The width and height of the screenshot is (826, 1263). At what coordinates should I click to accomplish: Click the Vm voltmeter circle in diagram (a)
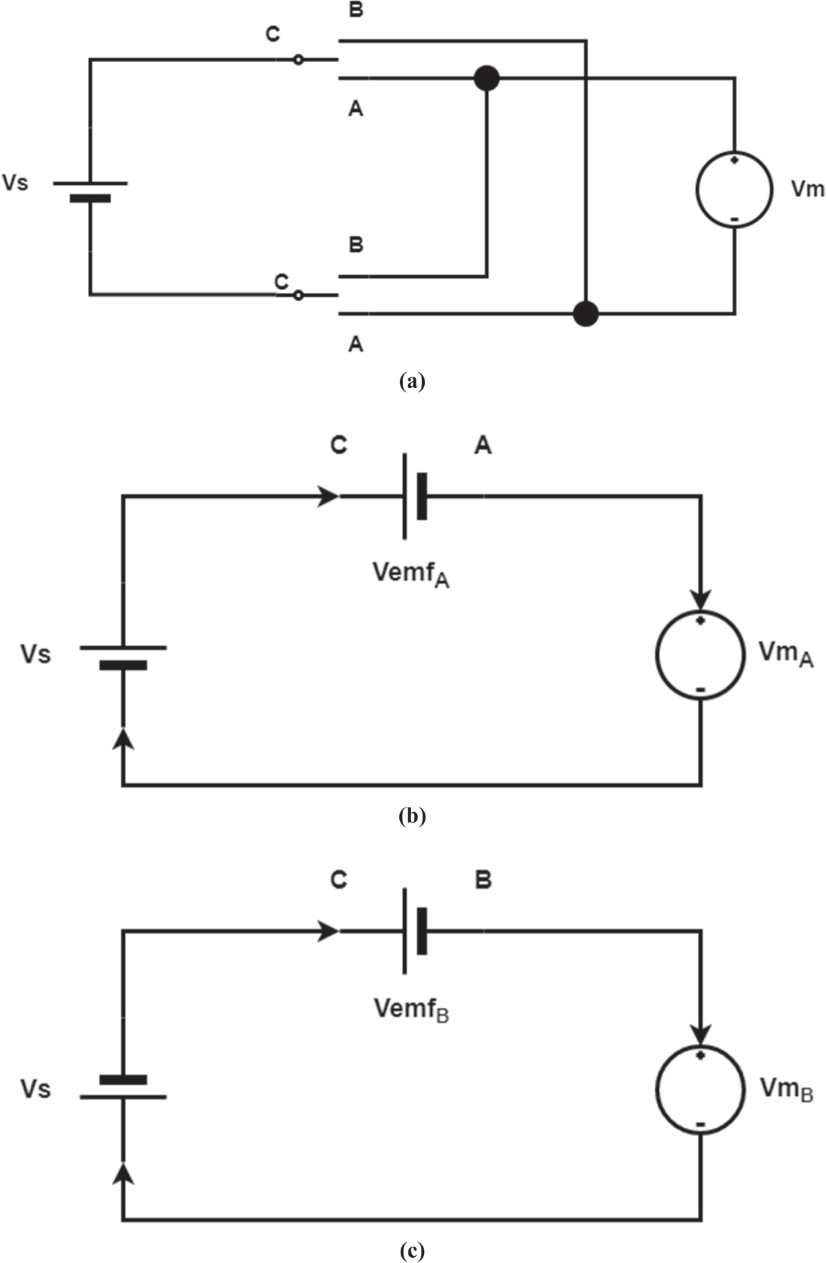click(x=734, y=189)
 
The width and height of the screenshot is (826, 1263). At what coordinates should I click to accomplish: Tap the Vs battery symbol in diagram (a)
click(x=90, y=190)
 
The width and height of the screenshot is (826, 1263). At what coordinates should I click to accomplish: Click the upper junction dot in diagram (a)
click(x=486, y=79)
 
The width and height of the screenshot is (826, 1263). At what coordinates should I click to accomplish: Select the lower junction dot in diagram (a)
click(x=585, y=314)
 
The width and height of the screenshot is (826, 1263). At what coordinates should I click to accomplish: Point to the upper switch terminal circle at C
click(x=298, y=60)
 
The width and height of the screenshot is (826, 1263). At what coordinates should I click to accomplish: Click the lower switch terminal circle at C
click(x=298, y=295)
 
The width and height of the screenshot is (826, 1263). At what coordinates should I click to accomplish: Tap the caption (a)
click(x=412, y=381)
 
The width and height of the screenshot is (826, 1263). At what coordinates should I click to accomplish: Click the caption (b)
click(x=412, y=815)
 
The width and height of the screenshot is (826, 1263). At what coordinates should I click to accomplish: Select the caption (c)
click(x=412, y=1250)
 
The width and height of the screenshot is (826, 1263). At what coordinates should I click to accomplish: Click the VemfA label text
click(x=410, y=574)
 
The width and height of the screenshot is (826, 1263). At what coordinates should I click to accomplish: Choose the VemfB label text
click(x=410, y=1009)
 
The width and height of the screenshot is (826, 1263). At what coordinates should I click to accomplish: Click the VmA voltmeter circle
click(x=700, y=655)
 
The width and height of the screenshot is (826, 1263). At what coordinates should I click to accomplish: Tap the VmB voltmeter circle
click(x=700, y=1089)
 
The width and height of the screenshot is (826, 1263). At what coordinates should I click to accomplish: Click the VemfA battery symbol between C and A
click(x=414, y=496)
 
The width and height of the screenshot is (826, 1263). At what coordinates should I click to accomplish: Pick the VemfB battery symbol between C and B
click(x=414, y=931)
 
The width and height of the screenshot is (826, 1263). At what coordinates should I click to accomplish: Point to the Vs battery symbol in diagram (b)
click(x=123, y=656)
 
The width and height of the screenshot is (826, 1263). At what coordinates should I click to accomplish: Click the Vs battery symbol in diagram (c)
click(x=123, y=1088)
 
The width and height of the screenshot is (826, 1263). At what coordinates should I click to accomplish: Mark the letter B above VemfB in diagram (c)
click(x=483, y=880)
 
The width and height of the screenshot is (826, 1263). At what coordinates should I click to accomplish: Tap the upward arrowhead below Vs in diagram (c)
click(x=123, y=1172)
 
